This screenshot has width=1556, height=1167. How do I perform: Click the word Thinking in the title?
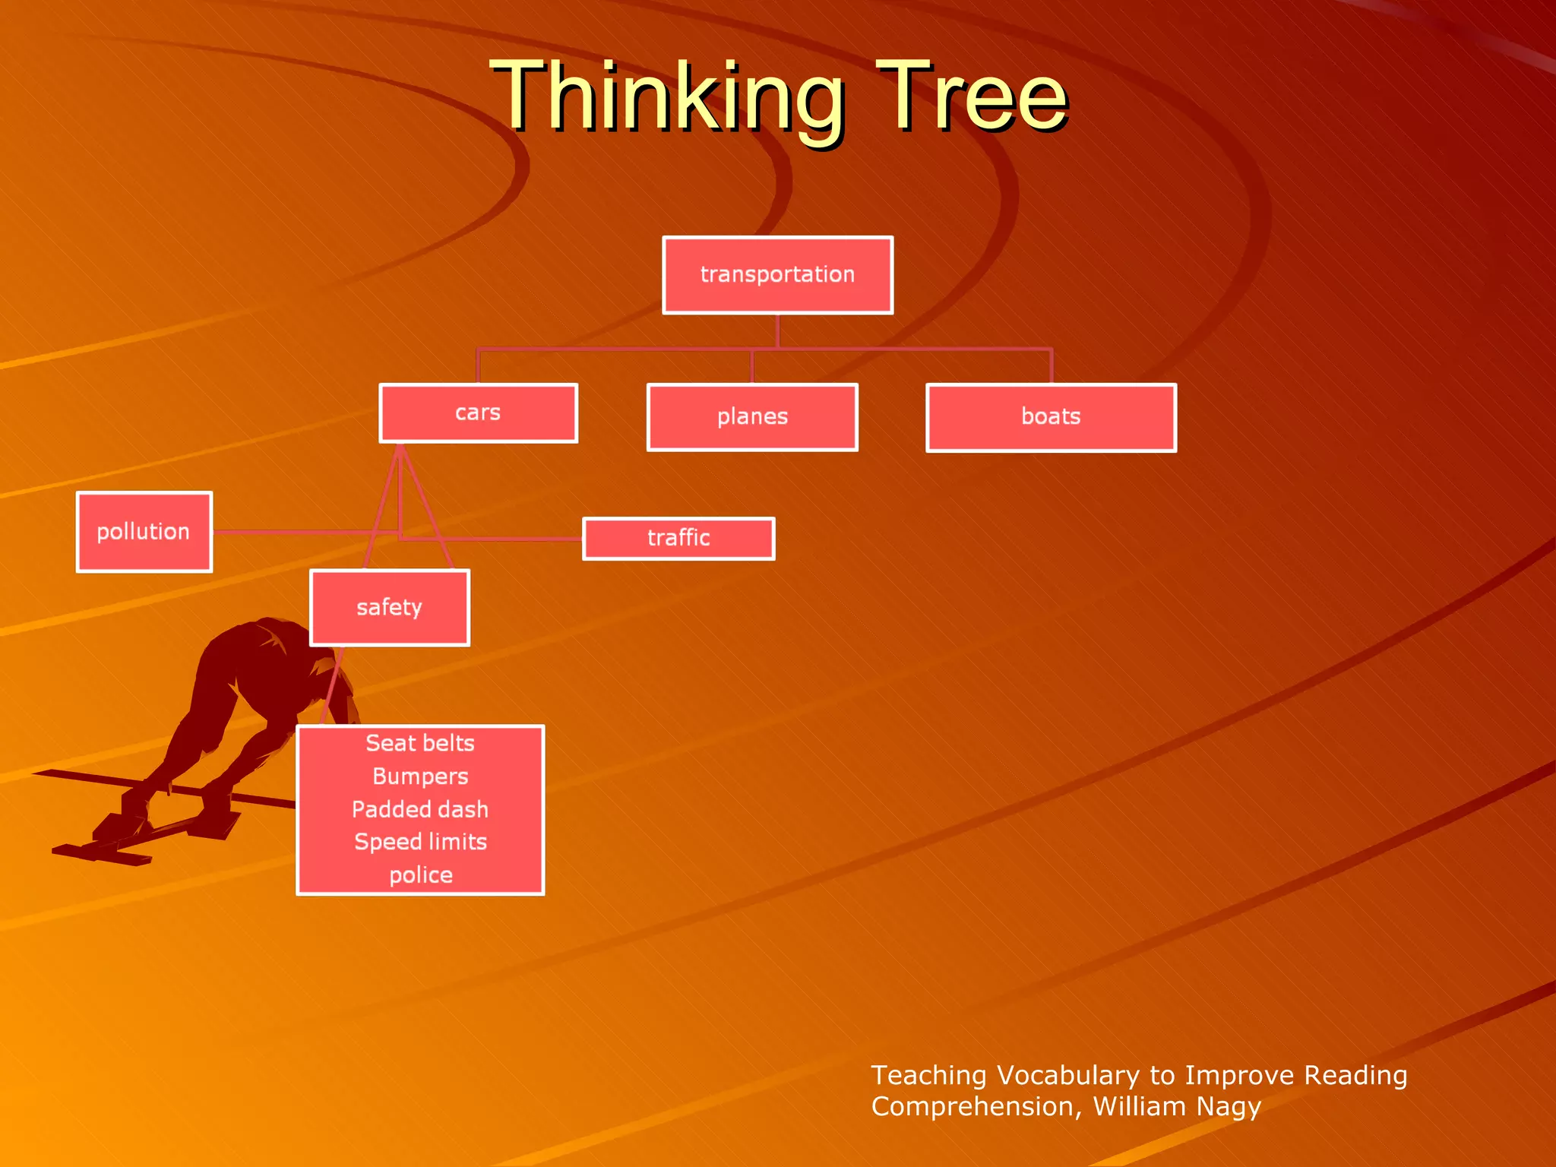[x=667, y=97]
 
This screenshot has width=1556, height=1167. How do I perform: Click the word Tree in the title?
[x=972, y=97]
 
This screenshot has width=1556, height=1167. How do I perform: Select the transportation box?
[x=777, y=275]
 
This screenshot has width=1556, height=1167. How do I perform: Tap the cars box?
[x=478, y=413]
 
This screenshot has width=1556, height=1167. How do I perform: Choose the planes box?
[x=752, y=417]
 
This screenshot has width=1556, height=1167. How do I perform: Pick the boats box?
[x=1051, y=417]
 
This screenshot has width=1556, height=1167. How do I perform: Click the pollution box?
[x=144, y=532]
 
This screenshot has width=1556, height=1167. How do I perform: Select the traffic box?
[x=678, y=539]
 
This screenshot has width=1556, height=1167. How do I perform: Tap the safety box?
[x=389, y=608]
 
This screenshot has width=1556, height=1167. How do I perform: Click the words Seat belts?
[x=420, y=743]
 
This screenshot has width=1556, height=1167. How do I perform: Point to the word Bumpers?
[x=420, y=776]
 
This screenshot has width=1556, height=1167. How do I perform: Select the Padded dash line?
[x=420, y=809]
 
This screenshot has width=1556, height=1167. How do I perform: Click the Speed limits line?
[x=420, y=842]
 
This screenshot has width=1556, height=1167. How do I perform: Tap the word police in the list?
[x=421, y=875]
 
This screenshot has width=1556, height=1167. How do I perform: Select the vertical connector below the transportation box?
[x=777, y=331]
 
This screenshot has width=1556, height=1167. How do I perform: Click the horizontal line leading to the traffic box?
[x=517, y=539]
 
